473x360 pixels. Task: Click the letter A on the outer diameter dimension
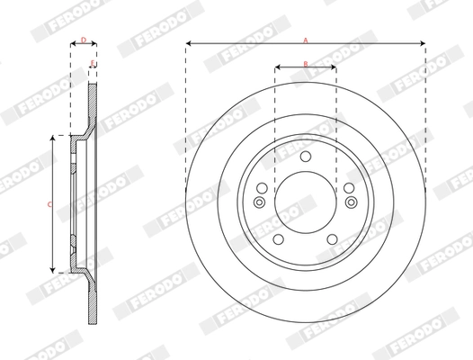306,40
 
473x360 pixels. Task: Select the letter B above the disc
306,63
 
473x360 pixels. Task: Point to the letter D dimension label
84,40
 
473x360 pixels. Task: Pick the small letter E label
94,63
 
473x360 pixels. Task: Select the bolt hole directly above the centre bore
306,158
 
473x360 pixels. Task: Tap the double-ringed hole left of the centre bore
261,201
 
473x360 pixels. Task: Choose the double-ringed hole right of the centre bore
350,201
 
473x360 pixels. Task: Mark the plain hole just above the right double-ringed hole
347,187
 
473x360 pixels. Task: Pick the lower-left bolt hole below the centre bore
279,239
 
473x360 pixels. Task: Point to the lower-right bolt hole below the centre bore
332,239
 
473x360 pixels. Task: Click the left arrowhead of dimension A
190,43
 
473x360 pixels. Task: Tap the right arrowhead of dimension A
421,43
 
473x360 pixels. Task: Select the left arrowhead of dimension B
278,67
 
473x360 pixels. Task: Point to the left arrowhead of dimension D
73,43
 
